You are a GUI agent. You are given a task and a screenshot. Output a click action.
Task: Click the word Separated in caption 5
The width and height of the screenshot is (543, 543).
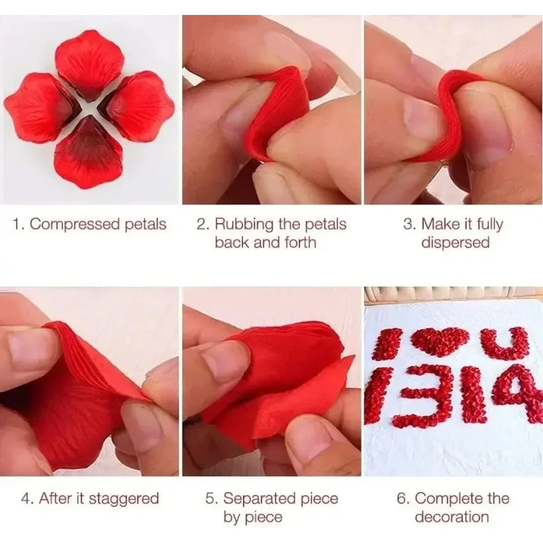261,499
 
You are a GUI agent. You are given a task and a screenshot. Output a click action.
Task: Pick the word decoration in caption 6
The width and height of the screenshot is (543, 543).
452,517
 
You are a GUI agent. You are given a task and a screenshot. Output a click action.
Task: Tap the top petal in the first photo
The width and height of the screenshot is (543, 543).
90,62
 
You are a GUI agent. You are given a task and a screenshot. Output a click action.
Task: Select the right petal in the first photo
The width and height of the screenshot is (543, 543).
139,107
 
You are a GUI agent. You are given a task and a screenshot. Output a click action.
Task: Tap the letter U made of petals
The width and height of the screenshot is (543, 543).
504,343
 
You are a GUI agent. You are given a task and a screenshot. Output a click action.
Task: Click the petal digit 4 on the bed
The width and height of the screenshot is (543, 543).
520,394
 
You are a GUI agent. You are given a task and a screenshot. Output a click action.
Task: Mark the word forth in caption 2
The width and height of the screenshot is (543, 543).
299,242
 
